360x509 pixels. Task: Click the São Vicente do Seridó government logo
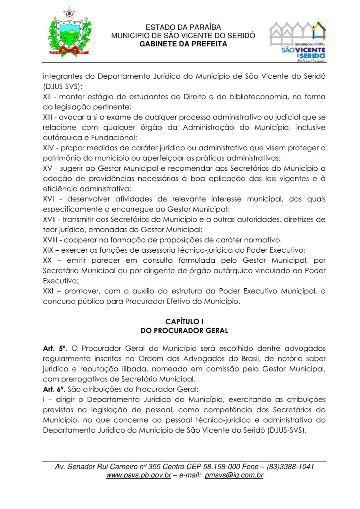tap(298, 42)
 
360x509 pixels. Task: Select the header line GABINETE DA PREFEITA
tap(183, 44)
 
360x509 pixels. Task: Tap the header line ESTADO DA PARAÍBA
tap(183, 28)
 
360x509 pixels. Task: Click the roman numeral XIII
tap(48, 117)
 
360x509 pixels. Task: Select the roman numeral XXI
tap(48, 291)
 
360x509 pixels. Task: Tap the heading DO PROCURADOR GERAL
tap(184, 331)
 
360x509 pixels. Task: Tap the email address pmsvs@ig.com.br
tap(234, 475)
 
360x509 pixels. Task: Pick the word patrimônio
tap(62, 158)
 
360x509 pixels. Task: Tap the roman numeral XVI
tap(49, 199)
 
